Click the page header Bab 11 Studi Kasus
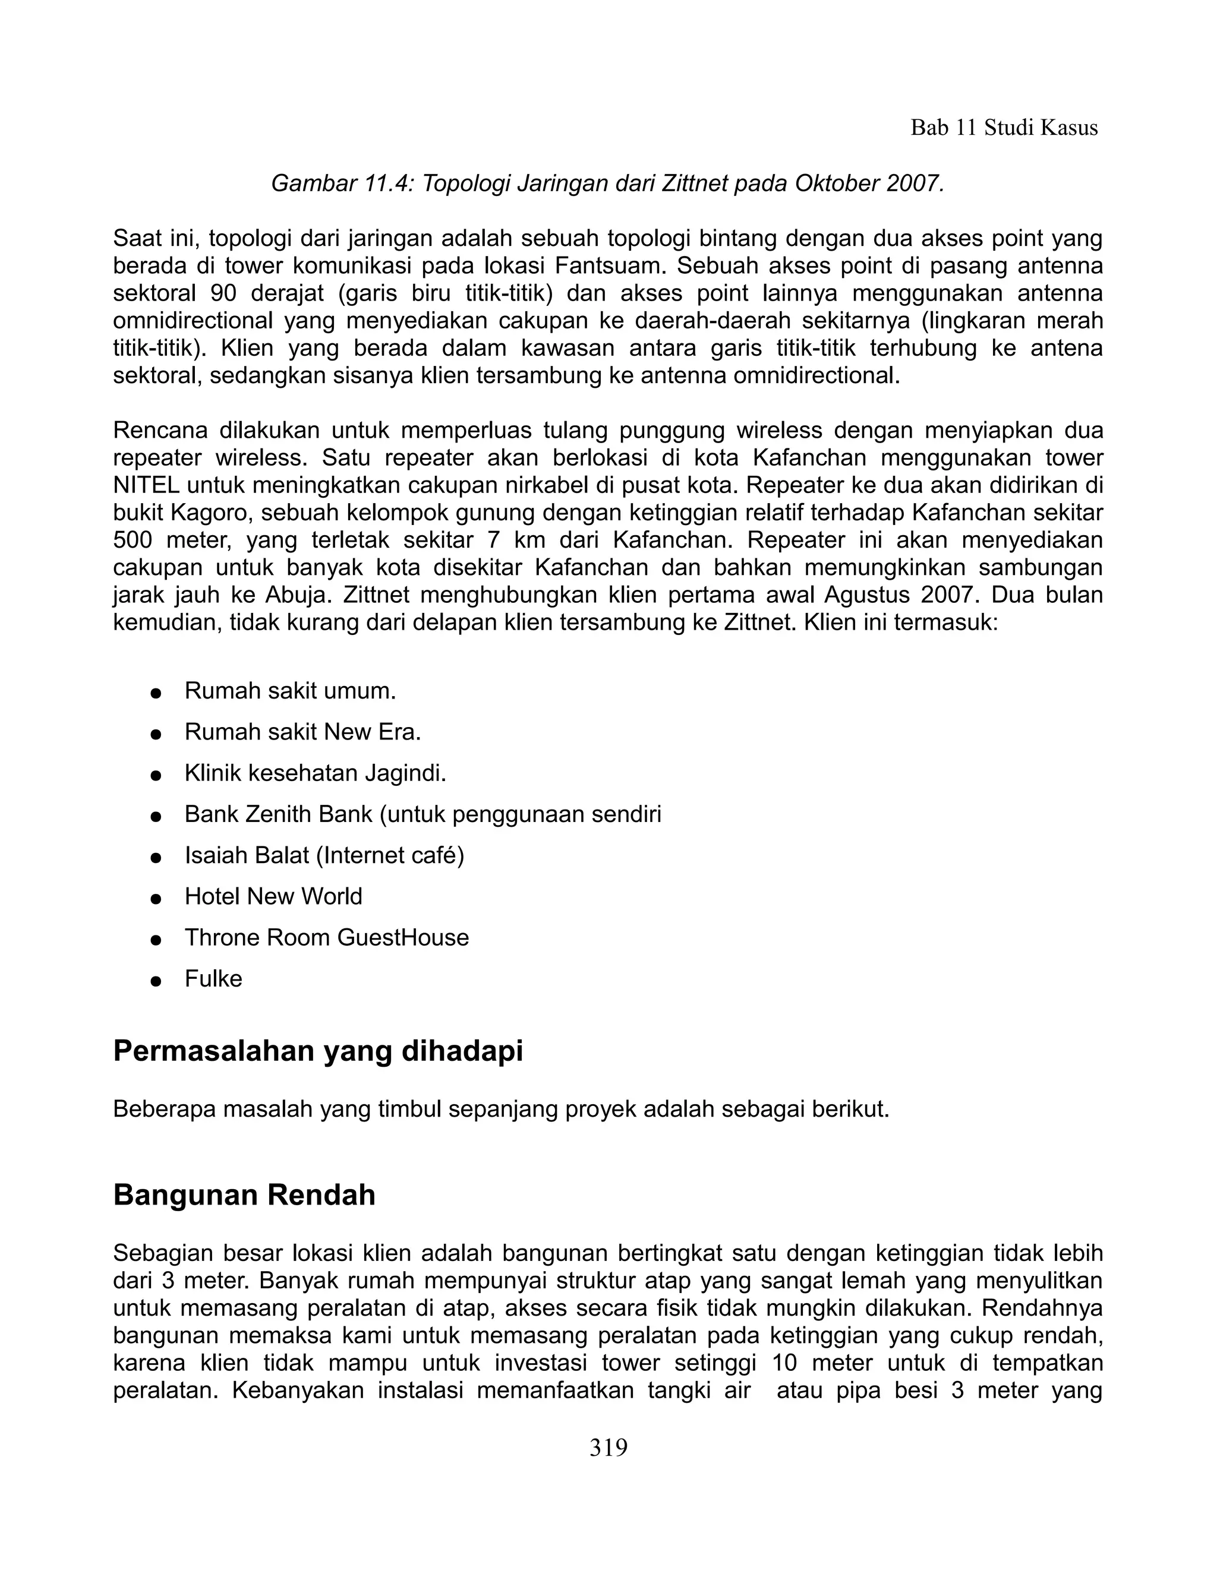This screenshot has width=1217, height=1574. click(1004, 128)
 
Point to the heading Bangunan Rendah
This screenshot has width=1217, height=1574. click(244, 1195)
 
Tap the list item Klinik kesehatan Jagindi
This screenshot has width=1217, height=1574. click(315, 773)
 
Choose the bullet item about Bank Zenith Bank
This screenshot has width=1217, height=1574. click(423, 814)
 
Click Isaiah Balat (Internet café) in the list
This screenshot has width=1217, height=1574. click(324, 855)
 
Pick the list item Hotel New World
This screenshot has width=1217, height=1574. click(273, 896)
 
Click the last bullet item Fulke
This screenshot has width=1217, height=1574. click(213, 978)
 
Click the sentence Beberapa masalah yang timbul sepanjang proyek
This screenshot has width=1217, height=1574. click(501, 1108)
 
